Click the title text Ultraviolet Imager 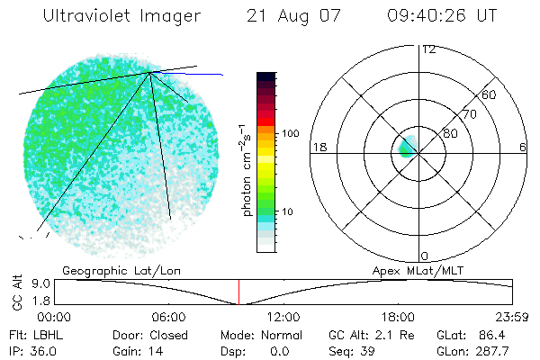coord(122,16)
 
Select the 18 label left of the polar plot coord(318,147)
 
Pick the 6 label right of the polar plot coord(523,147)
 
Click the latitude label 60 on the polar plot coord(490,94)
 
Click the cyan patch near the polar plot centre coord(406,146)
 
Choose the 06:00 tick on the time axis coord(168,317)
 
